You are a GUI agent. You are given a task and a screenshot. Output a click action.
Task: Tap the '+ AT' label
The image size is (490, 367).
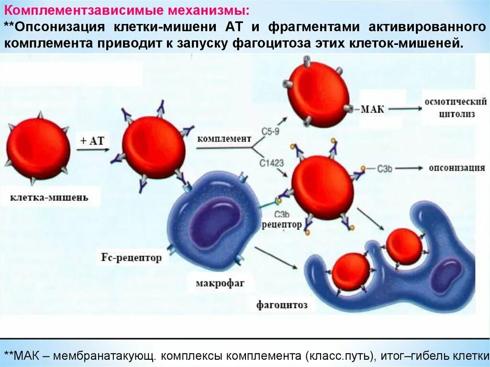(92, 140)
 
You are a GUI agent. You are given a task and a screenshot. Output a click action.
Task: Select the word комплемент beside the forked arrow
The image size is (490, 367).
(224, 139)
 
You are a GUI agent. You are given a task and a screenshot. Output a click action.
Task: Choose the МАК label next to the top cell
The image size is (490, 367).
(372, 109)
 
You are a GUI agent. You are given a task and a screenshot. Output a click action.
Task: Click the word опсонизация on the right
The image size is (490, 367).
(457, 168)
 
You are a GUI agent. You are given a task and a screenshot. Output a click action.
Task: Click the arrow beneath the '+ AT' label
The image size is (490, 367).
(93, 150)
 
